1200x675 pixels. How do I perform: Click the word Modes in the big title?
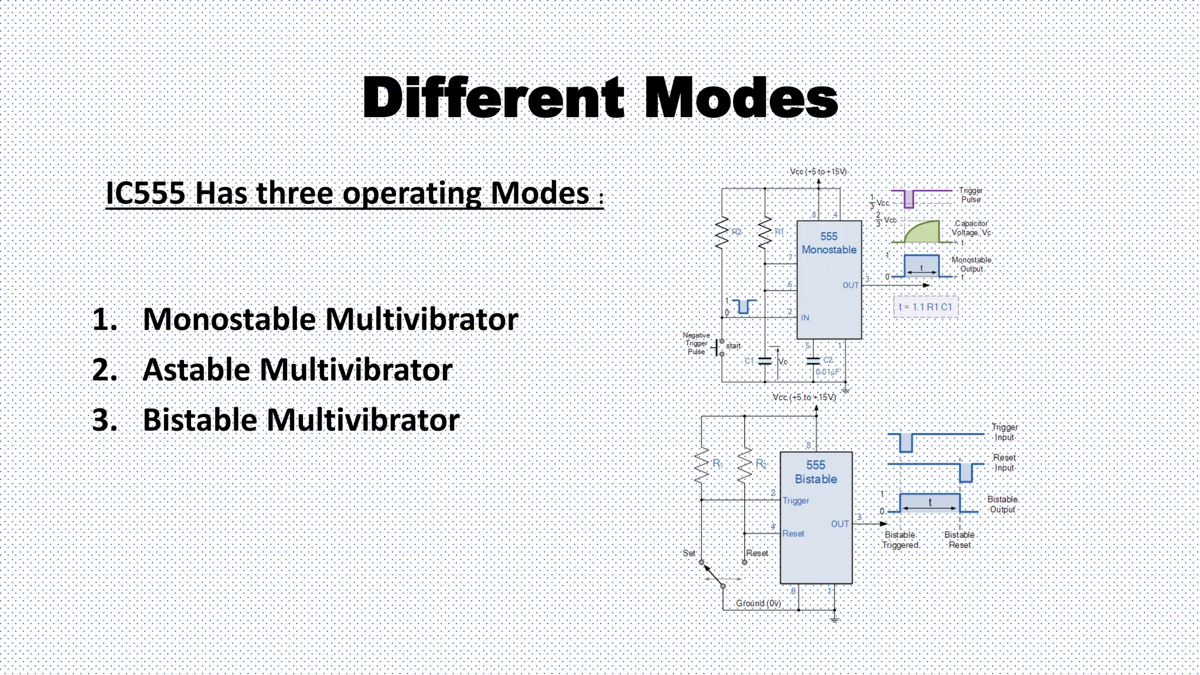click(741, 98)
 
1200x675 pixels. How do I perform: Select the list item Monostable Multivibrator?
click(330, 319)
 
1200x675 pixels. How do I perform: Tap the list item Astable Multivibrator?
click(297, 370)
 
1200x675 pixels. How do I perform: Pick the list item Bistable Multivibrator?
click(301, 420)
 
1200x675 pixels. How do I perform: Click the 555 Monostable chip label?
click(829, 243)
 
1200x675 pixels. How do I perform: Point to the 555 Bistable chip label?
click(816, 472)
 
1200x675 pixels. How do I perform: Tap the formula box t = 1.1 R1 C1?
click(925, 306)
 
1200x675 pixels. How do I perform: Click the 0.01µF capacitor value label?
click(827, 372)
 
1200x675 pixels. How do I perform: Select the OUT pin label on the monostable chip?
click(850, 285)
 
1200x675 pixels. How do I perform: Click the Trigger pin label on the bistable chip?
click(796, 500)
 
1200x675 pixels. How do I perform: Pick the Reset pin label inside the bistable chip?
click(793, 533)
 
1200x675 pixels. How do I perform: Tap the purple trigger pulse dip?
click(908, 199)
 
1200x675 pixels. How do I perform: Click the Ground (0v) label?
click(758, 603)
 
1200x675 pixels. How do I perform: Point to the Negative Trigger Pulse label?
click(696, 343)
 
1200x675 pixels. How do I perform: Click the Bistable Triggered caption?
click(900, 540)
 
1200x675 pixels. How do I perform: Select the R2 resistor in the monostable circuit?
click(722, 232)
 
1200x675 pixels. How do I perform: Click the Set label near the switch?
click(689, 553)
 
